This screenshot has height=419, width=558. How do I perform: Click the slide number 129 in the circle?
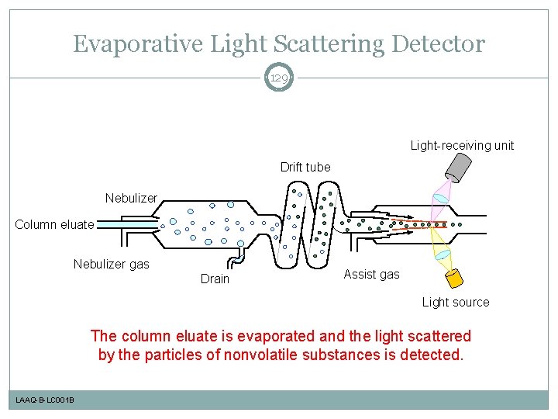pyautogui.click(x=279, y=78)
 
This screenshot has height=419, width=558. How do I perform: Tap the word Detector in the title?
pyautogui.click(x=439, y=44)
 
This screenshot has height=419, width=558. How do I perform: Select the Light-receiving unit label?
pyautogui.click(x=462, y=145)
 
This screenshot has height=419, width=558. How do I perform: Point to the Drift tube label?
pyautogui.click(x=305, y=167)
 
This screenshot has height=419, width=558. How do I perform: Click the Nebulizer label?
pyautogui.click(x=131, y=198)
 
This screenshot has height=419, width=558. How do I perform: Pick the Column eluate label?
pyautogui.click(x=54, y=225)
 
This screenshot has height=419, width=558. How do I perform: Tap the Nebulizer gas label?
pyautogui.click(x=111, y=265)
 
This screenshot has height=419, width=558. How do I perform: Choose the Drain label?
pyautogui.click(x=215, y=279)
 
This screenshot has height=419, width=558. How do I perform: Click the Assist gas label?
pyautogui.click(x=371, y=274)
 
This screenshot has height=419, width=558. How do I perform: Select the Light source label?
pyautogui.click(x=456, y=302)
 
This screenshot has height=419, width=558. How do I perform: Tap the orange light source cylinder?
pyautogui.click(x=453, y=277)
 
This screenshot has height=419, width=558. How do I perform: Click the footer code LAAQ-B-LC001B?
pyautogui.click(x=45, y=400)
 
